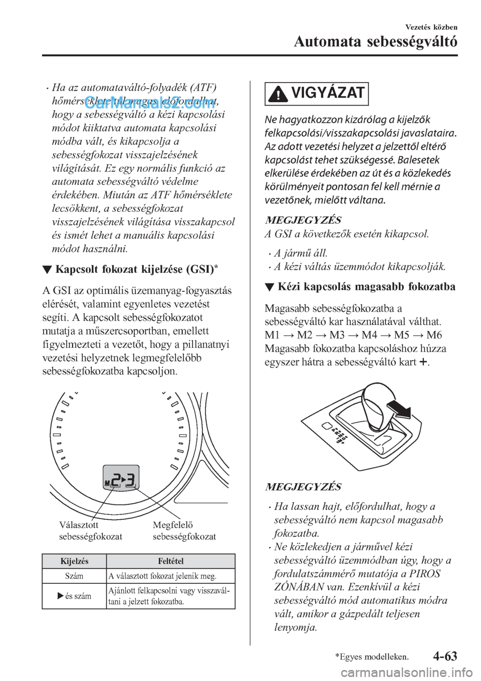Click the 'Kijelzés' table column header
[74, 561]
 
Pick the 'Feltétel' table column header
[170, 561]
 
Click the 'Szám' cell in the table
[74, 576]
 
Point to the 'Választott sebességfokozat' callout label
[90, 531]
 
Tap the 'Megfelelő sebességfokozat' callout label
[184, 531]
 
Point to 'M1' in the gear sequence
[273, 335]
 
